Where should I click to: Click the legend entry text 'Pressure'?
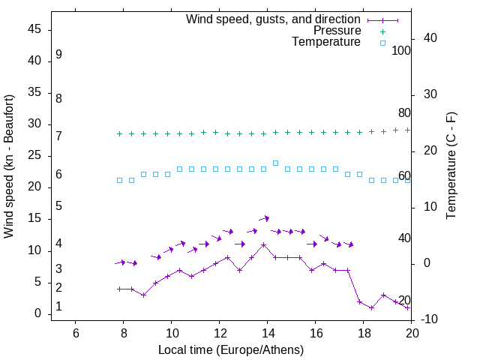pos(337,31)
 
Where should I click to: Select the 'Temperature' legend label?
pos(326,43)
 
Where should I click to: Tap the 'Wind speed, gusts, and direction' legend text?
pos(273,19)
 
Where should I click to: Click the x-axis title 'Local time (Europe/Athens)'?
pos(231,349)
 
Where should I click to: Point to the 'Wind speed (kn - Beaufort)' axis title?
pos(9,166)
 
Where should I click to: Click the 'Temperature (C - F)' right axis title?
pos(451,166)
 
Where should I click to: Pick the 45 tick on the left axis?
pos(34,29)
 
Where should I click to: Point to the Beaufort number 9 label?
pos(58,55)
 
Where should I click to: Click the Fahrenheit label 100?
pos(402,51)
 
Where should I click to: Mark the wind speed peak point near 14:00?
pos(264,244)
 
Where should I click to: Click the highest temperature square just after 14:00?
pos(276,163)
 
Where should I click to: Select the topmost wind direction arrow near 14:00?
pos(264,218)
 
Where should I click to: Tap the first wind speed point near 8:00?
pos(119,289)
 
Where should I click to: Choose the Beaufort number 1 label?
pos(58,307)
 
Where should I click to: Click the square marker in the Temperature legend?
pos(382,43)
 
